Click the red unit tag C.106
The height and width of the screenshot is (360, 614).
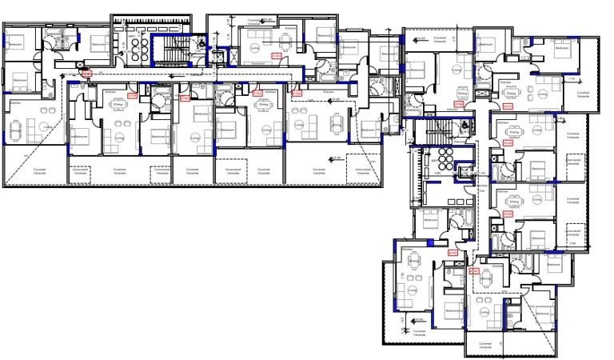click(86, 74)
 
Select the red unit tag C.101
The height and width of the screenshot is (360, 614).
click(277, 55)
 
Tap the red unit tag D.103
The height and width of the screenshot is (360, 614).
click(506, 143)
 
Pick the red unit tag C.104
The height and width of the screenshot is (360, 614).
click(185, 98)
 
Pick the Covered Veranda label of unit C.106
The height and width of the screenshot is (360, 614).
click(38, 170)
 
